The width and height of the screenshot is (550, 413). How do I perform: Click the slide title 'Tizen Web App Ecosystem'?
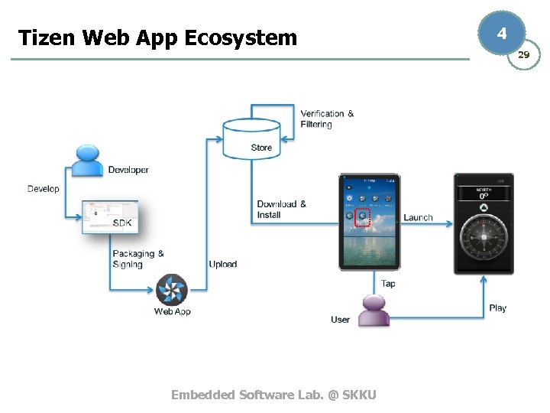(157, 37)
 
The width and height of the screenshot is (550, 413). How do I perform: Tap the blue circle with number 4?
(501, 34)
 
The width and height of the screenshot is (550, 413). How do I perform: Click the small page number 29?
(523, 55)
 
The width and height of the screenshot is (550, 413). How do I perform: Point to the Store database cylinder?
(251, 138)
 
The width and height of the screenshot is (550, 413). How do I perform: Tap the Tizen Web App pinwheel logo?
(172, 290)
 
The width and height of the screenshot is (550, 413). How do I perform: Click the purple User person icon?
(374, 311)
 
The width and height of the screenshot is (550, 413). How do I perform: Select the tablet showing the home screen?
(369, 222)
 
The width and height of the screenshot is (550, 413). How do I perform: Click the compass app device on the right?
(483, 223)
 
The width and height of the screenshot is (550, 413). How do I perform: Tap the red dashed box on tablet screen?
(362, 216)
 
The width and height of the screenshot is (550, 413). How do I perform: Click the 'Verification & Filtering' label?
(327, 119)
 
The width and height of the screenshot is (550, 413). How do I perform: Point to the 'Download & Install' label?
(281, 210)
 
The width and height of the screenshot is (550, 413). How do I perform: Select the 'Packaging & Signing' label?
(137, 259)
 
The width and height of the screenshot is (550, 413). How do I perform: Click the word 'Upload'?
(223, 264)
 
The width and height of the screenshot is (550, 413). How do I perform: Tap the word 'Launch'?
(418, 217)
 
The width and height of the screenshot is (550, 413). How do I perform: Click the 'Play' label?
(497, 307)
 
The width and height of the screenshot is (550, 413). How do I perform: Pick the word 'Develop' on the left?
(43, 189)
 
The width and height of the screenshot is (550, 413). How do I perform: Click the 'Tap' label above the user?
(388, 284)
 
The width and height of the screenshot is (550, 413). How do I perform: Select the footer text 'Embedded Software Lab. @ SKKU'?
(273, 395)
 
